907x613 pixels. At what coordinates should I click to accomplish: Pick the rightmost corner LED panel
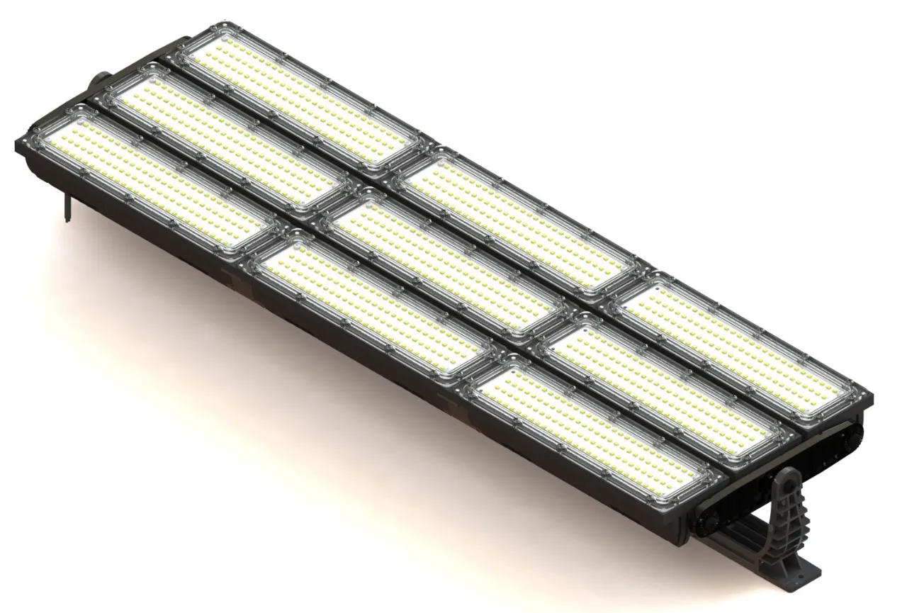coord(737,347)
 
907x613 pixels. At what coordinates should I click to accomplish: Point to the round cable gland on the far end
coord(98,79)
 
